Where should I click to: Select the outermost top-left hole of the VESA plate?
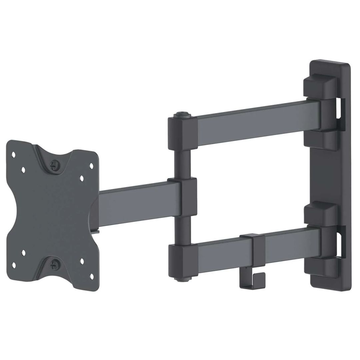tap(14, 154)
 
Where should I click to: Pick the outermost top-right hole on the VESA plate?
tap(91, 165)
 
